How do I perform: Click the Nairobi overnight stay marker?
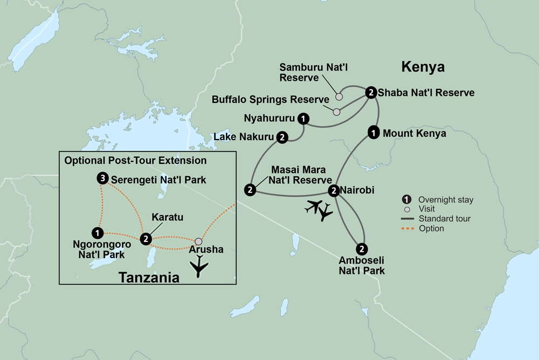click(x=334, y=190)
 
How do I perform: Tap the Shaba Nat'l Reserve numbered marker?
click(x=371, y=92)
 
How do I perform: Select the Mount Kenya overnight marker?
click(x=372, y=131)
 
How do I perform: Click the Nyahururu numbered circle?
click(x=304, y=118)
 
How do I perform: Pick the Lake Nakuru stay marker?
click(x=282, y=137)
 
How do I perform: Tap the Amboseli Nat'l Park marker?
click(x=362, y=249)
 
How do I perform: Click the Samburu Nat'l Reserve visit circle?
click(x=339, y=97)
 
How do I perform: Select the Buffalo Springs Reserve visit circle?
click(x=336, y=112)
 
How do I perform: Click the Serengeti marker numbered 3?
click(x=101, y=178)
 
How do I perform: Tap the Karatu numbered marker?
click(x=144, y=238)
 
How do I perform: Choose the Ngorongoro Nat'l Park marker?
click(x=97, y=233)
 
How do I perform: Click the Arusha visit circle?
click(x=199, y=241)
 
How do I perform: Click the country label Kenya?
click(x=423, y=67)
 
